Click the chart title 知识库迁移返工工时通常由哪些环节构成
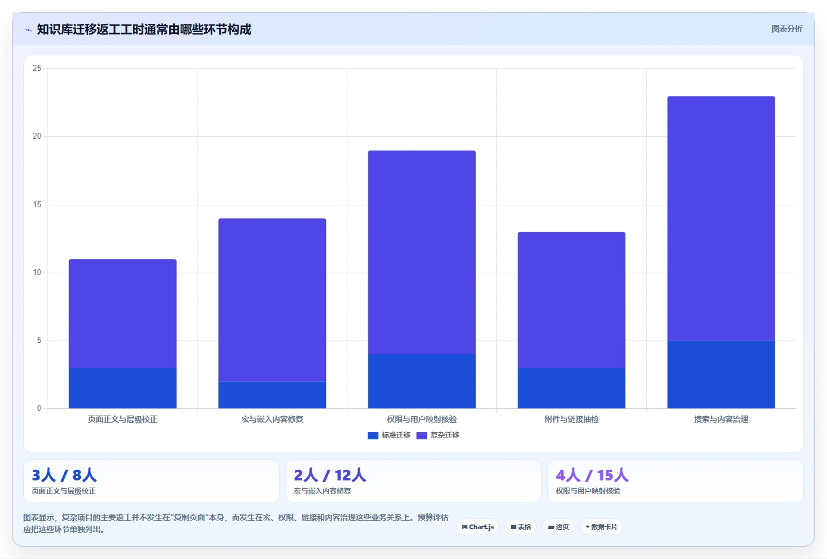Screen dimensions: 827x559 [x=144, y=29]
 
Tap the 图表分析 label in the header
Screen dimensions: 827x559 [x=787, y=29]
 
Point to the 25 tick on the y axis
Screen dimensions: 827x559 [x=37, y=68]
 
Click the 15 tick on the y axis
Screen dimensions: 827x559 [x=37, y=204]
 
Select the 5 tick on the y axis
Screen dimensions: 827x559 [x=39, y=341]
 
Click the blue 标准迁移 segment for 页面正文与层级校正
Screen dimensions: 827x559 [x=123, y=388]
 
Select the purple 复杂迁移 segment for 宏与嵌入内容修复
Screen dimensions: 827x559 [x=272, y=299]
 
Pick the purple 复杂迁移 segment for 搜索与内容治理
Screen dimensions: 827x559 [x=721, y=218]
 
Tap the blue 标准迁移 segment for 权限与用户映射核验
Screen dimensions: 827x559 [x=422, y=381]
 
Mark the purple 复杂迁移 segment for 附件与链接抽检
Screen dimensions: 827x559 [x=572, y=300]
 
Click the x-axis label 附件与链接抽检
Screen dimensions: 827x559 [x=572, y=419]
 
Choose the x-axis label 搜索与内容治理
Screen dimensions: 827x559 [x=721, y=419]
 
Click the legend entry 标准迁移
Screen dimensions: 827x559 [x=389, y=435]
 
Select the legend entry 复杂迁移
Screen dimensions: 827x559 [x=438, y=435]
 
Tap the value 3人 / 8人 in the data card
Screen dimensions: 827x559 [x=64, y=475]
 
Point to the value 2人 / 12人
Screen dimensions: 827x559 [x=330, y=475]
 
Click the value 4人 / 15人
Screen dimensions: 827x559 [x=592, y=475]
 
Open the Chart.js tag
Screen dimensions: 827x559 [x=478, y=527]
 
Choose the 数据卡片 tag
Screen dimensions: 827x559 [x=602, y=527]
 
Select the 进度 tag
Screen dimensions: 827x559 [x=558, y=527]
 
